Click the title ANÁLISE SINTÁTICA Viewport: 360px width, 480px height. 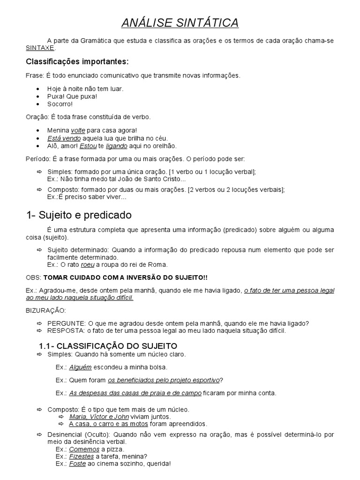[180, 22]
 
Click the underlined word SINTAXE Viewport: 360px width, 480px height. [40, 48]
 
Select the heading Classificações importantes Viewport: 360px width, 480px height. [77, 62]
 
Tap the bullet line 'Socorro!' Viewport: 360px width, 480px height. [60, 104]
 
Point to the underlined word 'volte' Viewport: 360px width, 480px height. [78, 130]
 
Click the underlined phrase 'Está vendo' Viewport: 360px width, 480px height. [64, 138]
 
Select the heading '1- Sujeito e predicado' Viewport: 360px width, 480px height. [79, 215]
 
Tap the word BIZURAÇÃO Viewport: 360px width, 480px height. [45, 310]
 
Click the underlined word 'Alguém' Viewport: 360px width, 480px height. [81, 367]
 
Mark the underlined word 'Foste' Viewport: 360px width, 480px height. [78, 464]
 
